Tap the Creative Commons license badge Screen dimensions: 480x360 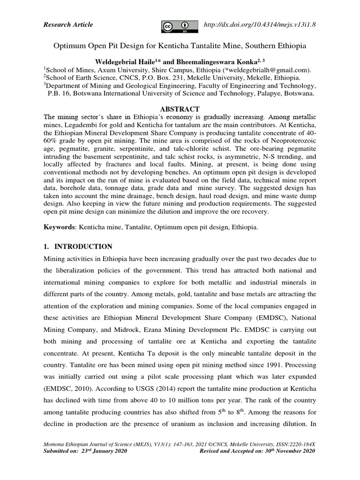[179, 26]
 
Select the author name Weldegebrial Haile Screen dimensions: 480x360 [123, 62]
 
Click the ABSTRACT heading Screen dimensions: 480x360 [180, 109]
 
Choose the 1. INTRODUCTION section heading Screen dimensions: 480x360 [77, 247]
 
